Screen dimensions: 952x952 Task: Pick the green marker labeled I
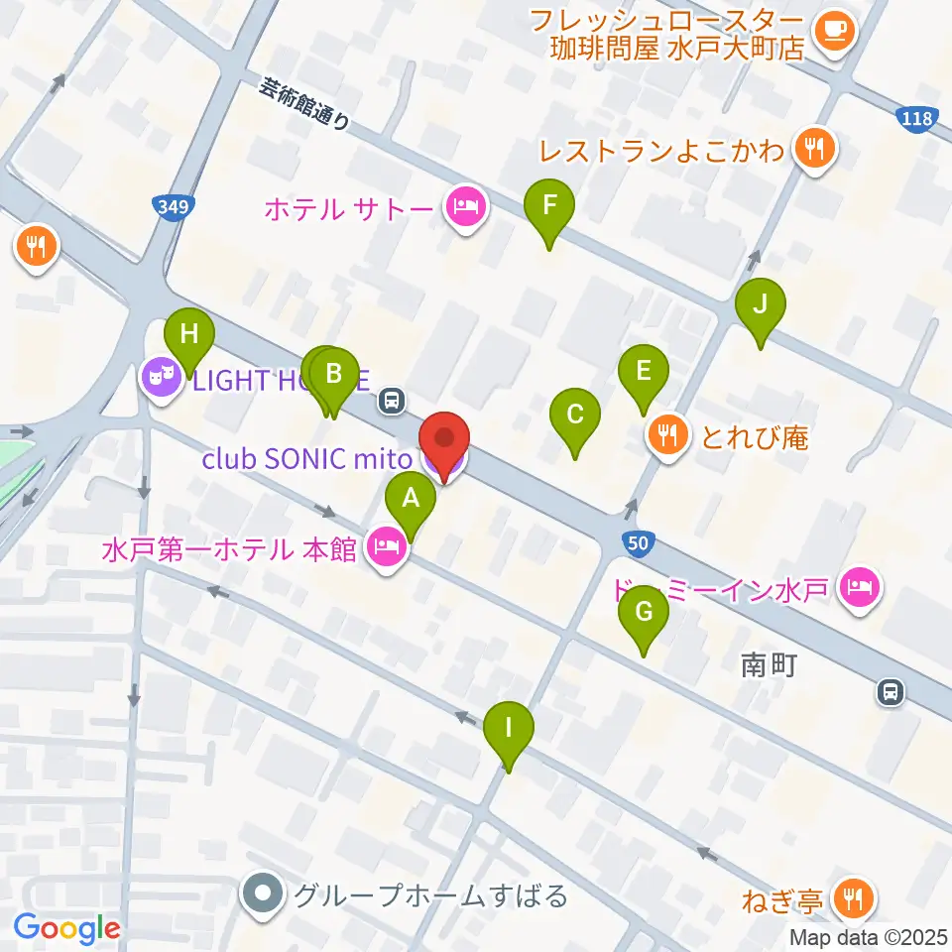tap(509, 731)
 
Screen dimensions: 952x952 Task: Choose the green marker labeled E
tap(643, 374)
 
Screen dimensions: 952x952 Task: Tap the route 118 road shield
tap(917, 120)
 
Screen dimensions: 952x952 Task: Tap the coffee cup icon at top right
tap(831, 31)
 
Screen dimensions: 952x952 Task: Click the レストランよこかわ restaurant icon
tap(815, 151)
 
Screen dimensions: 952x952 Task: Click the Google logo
tap(66, 928)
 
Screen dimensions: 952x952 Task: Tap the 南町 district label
tap(769, 666)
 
